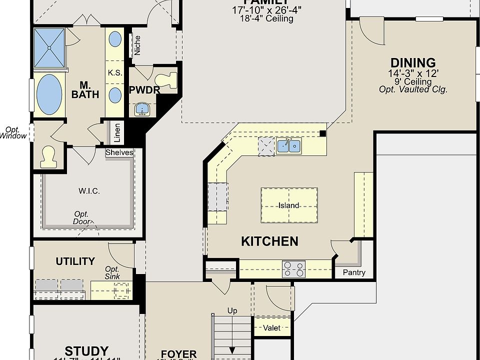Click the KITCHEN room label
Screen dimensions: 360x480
pos(269,241)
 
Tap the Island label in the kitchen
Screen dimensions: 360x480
pos(289,205)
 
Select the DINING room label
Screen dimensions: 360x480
pos(413,63)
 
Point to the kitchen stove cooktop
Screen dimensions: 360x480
pos(293,269)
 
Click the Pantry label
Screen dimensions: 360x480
pos(354,272)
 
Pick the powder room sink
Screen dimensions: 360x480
pos(141,108)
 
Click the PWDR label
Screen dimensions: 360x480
pos(144,90)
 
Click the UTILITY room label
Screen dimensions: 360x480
pos(75,261)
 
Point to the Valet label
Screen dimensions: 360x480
pos(272,328)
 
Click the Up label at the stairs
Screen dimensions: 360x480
pos(232,310)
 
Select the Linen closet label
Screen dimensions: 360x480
pos(117,133)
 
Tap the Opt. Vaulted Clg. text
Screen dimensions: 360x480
pos(413,90)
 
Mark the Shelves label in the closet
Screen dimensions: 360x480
pos(119,152)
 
